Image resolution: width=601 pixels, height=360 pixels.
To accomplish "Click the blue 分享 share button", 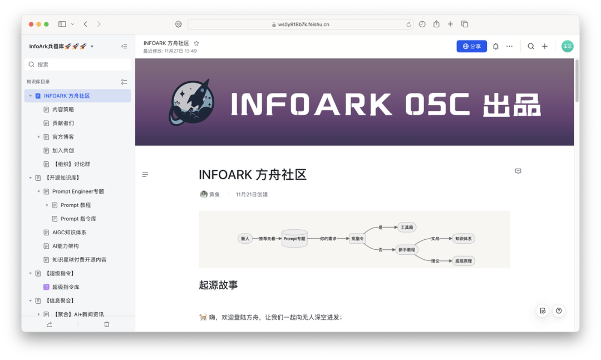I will pyautogui.click(x=471, y=46).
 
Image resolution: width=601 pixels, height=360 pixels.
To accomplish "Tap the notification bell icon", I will pyautogui.click(x=496, y=46).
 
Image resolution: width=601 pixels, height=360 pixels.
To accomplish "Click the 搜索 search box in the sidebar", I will pyautogui.click(x=78, y=65).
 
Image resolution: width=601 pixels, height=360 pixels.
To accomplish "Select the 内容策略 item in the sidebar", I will pyautogui.click(x=63, y=110).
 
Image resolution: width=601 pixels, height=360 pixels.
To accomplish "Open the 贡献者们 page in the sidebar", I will pyautogui.click(x=63, y=123).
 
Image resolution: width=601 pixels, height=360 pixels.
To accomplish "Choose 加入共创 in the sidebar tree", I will pyautogui.click(x=63, y=150).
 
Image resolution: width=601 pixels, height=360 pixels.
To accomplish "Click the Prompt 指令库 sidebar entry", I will pyautogui.click(x=78, y=219).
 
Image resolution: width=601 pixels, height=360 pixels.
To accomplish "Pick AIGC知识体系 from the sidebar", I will pyautogui.click(x=69, y=232).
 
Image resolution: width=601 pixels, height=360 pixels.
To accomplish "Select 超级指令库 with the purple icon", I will pyautogui.click(x=66, y=287).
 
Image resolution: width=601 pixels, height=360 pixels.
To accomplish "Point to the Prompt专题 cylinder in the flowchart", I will pyautogui.click(x=294, y=239).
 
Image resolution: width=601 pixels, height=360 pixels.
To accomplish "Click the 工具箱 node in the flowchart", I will pyautogui.click(x=407, y=228).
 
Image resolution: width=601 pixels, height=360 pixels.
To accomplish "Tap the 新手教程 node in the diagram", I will pyautogui.click(x=407, y=250).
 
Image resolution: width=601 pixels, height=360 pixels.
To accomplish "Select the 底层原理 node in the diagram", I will pyautogui.click(x=463, y=260).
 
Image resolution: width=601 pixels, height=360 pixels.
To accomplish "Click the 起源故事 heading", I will pyautogui.click(x=218, y=285).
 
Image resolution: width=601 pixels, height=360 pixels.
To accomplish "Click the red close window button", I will pyautogui.click(x=31, y=24).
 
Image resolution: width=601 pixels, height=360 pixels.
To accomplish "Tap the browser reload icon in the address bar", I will pyautogui.click(x=409, y=24).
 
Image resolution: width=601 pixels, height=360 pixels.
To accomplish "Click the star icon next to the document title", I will pyautogui.click(x=196, y=43).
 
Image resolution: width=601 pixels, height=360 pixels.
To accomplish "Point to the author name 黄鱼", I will pyautogui.click(x=214, y=195).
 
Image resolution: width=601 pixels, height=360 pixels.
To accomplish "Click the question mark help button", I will pyautogui.click(x=559, y=310).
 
